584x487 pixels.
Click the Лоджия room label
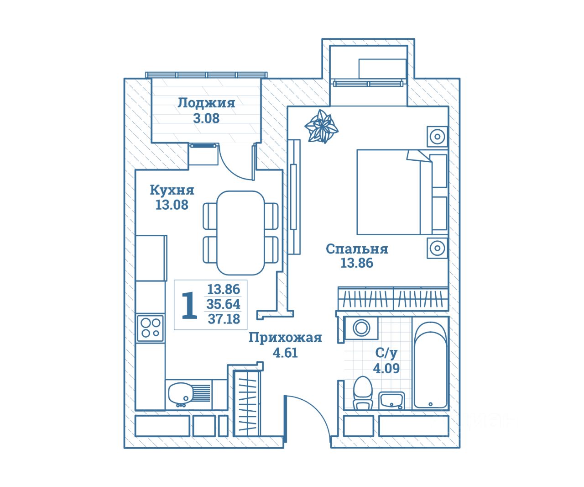(206, 103)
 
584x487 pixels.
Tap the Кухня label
(172, 190)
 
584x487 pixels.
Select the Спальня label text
(357, 249)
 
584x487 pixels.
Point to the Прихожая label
(285, 338)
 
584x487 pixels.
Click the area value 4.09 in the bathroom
(386, 368)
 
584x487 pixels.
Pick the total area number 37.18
(224, 319)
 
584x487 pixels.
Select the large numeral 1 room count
(189, 306)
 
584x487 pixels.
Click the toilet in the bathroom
(363, 393)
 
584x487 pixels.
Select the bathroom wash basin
(391, 401)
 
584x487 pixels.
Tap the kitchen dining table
(240, 233)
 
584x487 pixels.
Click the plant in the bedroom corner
(322, 127)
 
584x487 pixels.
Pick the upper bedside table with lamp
(437, 137)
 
